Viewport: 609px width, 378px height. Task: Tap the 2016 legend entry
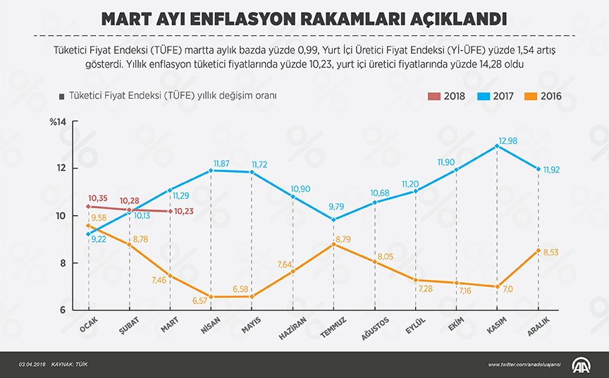(547, 97)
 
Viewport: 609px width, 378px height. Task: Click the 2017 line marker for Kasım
(498, 146)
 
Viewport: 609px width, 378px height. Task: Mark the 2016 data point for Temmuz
(335, 243)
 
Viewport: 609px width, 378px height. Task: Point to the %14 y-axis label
(57, 123)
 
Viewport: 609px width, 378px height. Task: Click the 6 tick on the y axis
(62, 310)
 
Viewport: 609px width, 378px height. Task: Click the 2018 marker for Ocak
(88, 207)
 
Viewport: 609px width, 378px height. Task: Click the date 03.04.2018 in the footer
(33, 365)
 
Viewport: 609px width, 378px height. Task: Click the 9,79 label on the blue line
(333, 207)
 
